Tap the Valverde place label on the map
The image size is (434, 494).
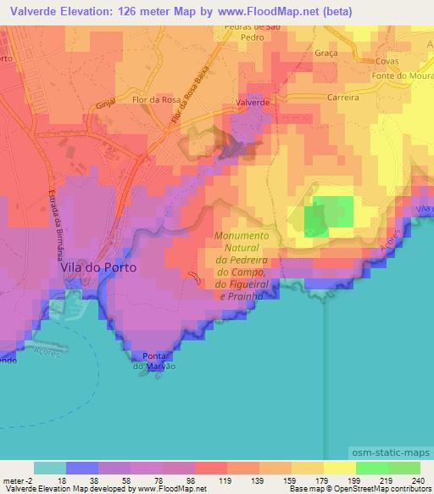coord(253,101)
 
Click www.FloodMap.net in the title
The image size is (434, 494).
coord(259,9)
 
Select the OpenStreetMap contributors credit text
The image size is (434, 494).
coord(383,488)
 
